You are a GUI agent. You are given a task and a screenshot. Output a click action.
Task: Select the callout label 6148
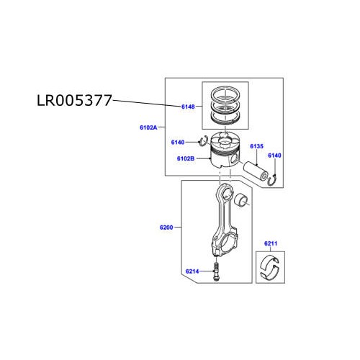pos(187,107)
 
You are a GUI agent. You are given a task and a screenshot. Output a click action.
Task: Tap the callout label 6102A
pos(150,127)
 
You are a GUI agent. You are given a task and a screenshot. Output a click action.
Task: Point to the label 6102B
pos(186,158)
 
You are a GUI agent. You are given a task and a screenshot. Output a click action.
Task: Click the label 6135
pos(257,147)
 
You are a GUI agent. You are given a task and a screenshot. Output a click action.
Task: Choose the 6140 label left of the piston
pos(178,142)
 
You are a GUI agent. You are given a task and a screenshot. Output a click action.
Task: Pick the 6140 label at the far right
pos(275,156)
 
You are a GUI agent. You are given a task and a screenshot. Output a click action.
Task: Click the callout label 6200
pos(166,228)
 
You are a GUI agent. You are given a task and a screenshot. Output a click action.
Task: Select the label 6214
pos(192,271)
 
